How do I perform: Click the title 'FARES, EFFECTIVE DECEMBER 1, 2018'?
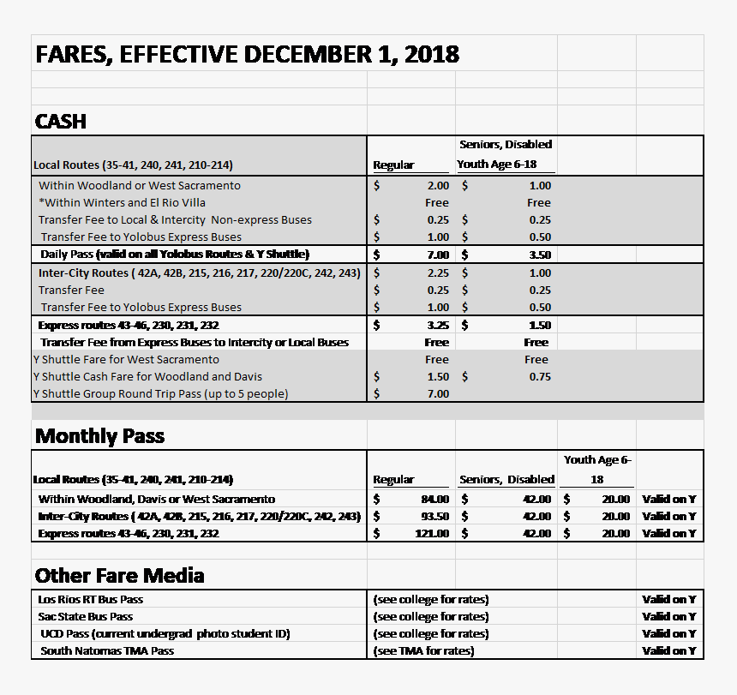point(247,55)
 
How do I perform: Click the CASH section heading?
point(61,122)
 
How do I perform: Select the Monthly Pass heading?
point(99,436)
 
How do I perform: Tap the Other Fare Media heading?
point(119,575)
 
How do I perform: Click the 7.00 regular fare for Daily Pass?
point(437,255)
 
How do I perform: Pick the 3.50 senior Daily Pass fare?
point(539,255)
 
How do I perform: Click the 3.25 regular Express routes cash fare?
point(437,325)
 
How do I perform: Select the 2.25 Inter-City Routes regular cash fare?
point(437,273)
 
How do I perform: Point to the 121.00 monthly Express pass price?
point(432,533)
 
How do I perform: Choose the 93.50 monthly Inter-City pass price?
point(434,516)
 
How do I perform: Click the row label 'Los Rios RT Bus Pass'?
point(91,599)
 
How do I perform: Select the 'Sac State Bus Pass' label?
point(86,616)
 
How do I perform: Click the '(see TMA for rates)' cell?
point(423,650)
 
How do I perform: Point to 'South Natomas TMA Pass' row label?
point(107,650)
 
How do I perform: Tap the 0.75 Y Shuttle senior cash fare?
point(539,376)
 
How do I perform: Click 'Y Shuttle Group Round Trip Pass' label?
point(160,393)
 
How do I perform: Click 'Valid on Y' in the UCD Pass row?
point(668,633)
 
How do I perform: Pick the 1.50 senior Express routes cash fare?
point(539,325)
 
